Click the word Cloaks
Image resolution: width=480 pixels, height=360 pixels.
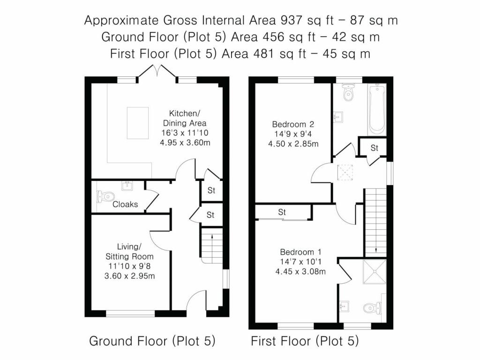125,204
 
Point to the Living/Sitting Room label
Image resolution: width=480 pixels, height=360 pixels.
129,251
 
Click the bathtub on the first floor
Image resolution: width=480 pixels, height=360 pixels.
377,109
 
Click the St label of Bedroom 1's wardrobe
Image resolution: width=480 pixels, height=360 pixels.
282,212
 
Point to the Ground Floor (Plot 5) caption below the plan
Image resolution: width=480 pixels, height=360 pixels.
152,341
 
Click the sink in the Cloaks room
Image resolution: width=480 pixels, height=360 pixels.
127,186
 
